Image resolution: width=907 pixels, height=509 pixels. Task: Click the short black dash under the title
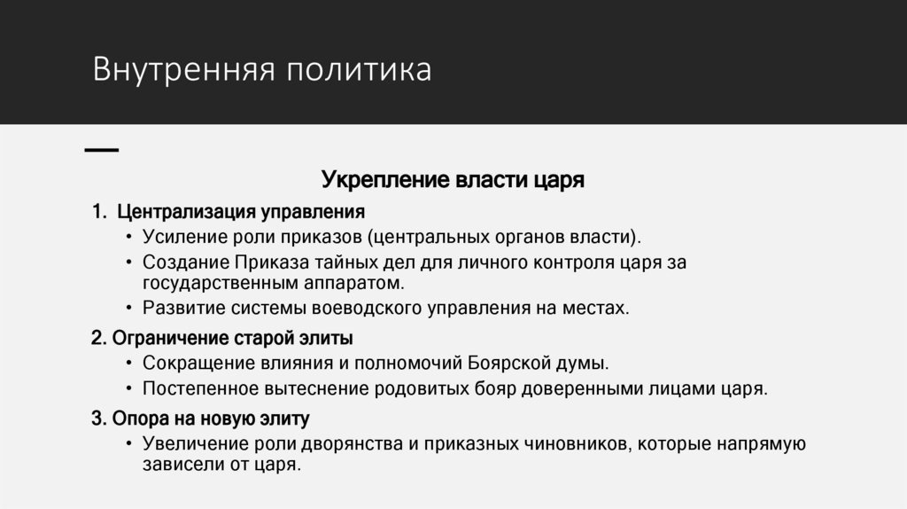click(101, 151)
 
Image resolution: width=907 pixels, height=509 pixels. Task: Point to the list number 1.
click(97, 213)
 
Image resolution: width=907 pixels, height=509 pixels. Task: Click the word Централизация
click(185, 213)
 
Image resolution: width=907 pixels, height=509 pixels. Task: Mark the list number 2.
click(97, 338)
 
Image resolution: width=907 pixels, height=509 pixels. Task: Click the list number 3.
click(97, 418)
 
